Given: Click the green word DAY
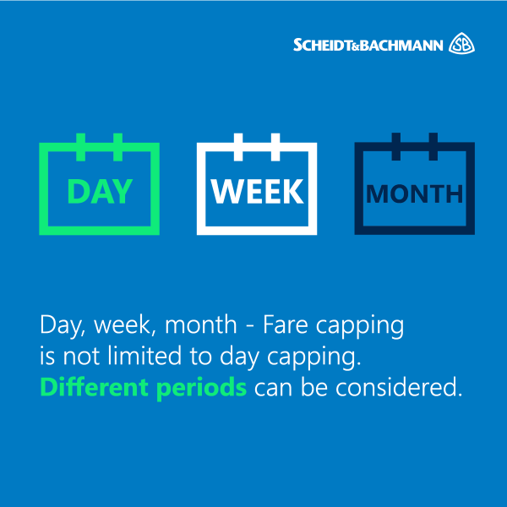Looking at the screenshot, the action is click(x=100, y=191).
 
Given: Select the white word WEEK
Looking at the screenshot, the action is click(x=258, y=191).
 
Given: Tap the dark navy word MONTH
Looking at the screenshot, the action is click(x=415, y=194).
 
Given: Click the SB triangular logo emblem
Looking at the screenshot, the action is click(x=461, y=43).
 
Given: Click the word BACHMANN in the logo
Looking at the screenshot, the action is click(x=401, y=46).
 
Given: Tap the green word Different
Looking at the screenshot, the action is click(x=95, y=387).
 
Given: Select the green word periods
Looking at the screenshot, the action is click(x=202, y=389).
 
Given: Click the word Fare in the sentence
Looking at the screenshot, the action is click(x=286, y=324).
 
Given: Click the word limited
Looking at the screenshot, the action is click(x=144, y=356).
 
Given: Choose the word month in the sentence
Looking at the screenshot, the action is click(x=201, y=324).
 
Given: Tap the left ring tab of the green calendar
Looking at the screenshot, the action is click(x=81, y=147).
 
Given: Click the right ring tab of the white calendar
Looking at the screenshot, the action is click(x=275, y=147).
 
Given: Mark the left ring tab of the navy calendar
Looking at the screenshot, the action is click(x=396, y=146).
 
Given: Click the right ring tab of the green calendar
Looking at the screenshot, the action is click(x=117, y=147).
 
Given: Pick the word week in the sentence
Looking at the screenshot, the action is click(x=123, y=325).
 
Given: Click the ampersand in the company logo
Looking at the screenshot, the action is click(x=357, y=47).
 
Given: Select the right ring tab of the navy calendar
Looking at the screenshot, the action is click(x=433, y=146).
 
